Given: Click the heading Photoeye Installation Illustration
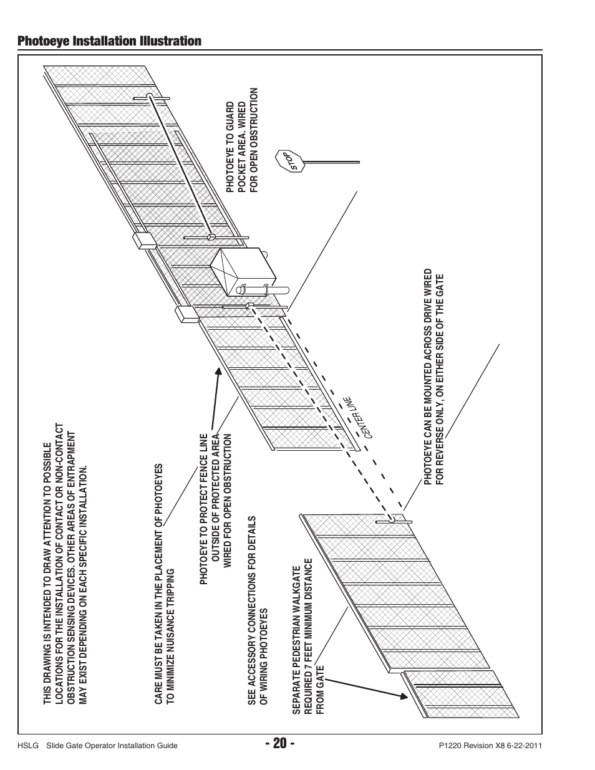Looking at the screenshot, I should pos(110,41).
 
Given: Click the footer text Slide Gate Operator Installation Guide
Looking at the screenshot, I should pos(112,746).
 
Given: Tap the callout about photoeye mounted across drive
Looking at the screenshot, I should pos(434,378).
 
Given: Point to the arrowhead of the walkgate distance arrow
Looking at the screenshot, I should pos(402,696).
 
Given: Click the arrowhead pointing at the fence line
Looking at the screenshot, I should pos(218,372).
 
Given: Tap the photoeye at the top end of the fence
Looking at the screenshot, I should pos(150,97).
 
